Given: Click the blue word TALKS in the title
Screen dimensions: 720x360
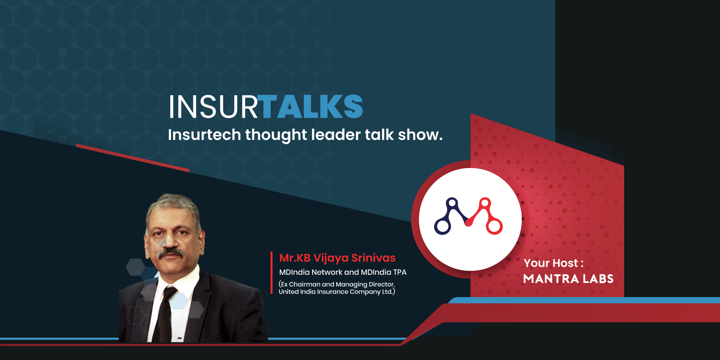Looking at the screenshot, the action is point(312,107).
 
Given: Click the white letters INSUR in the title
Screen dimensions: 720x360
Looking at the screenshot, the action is point(213,107).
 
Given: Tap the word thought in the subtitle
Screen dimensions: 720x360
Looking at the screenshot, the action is point(276,135).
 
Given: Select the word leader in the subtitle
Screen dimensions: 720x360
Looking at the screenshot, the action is point(336,135).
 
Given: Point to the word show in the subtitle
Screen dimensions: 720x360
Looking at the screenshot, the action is point(418,135).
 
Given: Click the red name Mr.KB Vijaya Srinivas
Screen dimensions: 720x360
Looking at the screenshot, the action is point(337,258).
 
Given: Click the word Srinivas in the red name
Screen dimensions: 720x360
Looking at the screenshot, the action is point(373,258).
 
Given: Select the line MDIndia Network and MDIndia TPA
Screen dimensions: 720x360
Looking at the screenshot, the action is point(343,272).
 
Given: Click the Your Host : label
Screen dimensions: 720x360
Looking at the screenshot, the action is point(554,263).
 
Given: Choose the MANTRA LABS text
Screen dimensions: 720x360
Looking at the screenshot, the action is point(568,279).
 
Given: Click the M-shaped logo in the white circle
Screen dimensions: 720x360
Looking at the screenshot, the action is point(468,216).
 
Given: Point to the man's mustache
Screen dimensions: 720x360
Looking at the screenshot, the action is point(170,253).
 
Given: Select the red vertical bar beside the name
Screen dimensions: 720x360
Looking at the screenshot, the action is point(271,273).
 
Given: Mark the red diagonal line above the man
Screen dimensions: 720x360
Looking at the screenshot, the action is point(132,158).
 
